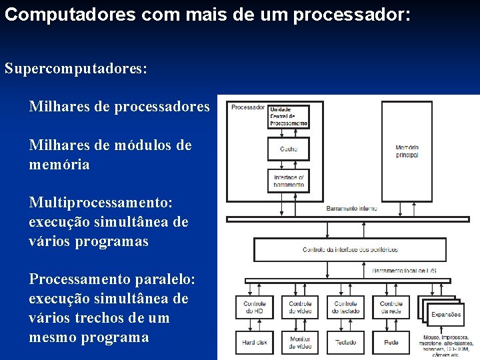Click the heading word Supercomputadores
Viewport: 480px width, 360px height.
(75, 69)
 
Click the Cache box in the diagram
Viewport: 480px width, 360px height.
(289, 149)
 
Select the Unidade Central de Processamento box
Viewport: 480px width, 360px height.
(289, 116)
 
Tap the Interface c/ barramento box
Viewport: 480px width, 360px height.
(289, 180)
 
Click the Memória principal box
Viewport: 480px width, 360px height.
(406, 151)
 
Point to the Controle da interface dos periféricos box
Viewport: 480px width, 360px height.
(350, 249)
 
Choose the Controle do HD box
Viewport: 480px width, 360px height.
(254, 307)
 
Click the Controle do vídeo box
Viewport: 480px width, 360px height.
(300, 307)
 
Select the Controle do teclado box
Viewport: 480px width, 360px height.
(345, 307)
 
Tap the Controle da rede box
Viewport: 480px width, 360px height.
(391, 307)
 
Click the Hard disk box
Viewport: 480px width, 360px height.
(254, 342)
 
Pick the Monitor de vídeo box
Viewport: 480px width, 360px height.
(300, 342)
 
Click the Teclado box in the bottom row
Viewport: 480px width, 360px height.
(345, 342)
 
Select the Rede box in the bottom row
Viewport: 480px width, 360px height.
(391, 342)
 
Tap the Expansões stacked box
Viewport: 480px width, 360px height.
(445, 313)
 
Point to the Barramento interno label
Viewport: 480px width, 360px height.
(351, 209)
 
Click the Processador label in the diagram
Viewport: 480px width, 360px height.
(248, 107)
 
